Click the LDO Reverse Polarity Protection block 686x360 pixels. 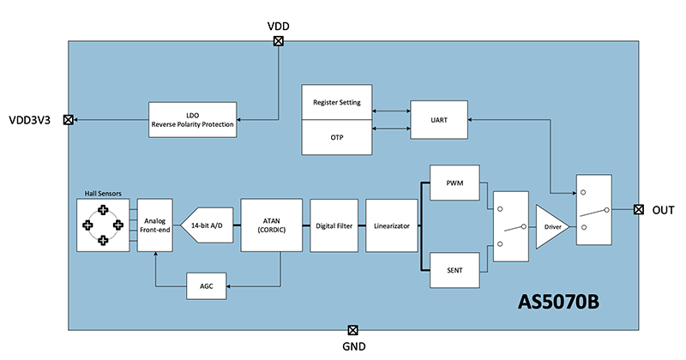192,120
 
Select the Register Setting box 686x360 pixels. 337,102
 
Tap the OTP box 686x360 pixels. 337,138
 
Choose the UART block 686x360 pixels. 440,120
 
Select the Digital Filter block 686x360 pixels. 333,225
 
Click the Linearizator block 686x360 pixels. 391,225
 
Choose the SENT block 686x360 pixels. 454,270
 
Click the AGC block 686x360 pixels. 206,286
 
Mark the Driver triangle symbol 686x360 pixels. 549,226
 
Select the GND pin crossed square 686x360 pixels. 352,329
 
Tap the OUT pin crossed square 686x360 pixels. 638,210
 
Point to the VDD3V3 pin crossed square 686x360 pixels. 69,120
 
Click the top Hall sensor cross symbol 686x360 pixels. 104,209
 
